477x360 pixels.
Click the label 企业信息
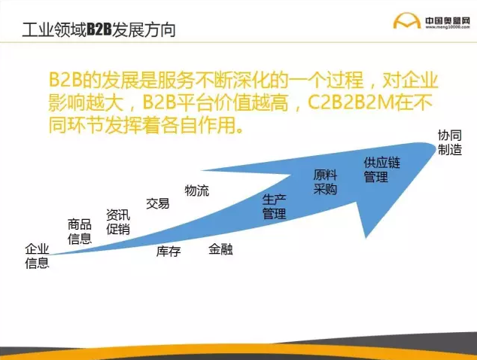[37, 256]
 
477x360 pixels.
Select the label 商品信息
[80, 231]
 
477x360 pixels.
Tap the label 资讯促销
[117, 221]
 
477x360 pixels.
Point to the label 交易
[157, 203]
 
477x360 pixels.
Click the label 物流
[197, 191]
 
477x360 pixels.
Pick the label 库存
[169, 252]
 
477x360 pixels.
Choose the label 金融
[220, 249]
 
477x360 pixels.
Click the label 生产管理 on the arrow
[274, 206]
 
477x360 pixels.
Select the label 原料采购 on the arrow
[325, 182]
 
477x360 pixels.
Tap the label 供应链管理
[375, 170]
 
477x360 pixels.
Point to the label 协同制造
[450, 142]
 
